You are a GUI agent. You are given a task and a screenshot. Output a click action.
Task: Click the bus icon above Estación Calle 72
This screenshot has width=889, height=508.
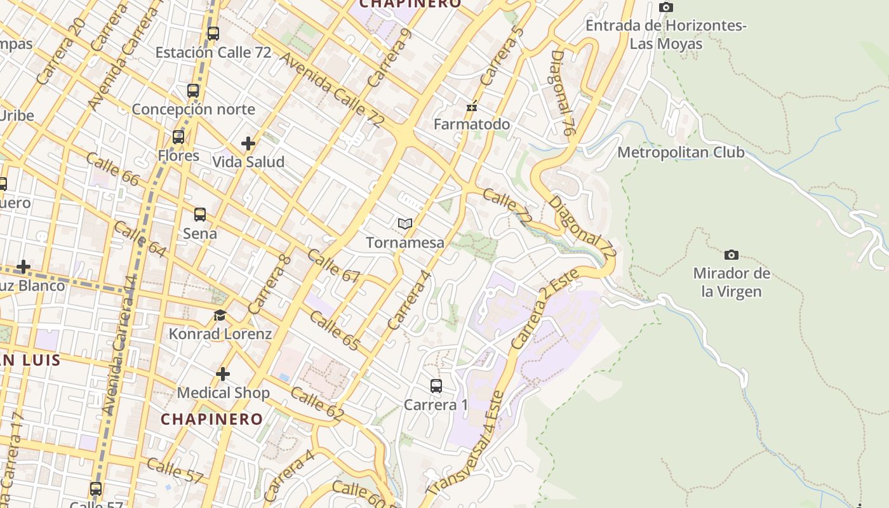pos(213,34)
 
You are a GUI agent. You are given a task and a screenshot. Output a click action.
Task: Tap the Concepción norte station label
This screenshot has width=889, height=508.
pos(193,109)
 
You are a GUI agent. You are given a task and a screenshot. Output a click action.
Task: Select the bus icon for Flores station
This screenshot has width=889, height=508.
pos(178,137)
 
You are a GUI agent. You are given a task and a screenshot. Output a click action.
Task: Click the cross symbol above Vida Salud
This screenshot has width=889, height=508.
pos(248,144)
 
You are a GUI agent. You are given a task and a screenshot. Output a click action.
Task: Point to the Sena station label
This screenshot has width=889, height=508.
pos(200,234)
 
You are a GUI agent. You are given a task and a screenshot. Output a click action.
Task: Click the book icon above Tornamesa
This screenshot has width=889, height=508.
pos(405,224)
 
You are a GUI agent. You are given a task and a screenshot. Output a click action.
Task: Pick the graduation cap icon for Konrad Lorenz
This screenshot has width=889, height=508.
pos(220,315)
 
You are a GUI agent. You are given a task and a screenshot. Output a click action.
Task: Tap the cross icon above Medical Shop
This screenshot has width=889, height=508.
pos(223,374)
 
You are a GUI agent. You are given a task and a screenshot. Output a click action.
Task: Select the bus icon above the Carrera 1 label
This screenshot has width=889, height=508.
pos(436,385)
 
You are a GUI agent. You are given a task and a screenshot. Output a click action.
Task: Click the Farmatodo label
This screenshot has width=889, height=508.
pos(471,124)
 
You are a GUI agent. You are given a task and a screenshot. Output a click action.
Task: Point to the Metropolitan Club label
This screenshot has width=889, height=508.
pos(681,152)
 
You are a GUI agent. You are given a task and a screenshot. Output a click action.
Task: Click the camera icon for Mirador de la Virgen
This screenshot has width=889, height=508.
pos(732,255)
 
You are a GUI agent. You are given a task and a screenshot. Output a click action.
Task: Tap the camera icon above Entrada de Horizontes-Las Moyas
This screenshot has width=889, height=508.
pos(665,7)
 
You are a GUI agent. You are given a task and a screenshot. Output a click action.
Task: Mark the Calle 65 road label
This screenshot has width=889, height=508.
pos(335,331)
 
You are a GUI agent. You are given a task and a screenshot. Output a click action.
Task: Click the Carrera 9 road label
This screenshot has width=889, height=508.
pos(389,58)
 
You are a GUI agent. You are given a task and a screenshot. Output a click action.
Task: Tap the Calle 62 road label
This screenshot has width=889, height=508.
pos(317,404)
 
